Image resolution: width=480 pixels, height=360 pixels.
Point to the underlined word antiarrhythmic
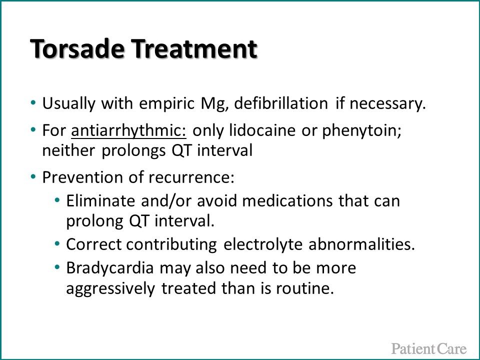click(x=129, y=131)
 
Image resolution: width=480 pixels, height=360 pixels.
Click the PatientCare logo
click(x=428, y=348)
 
